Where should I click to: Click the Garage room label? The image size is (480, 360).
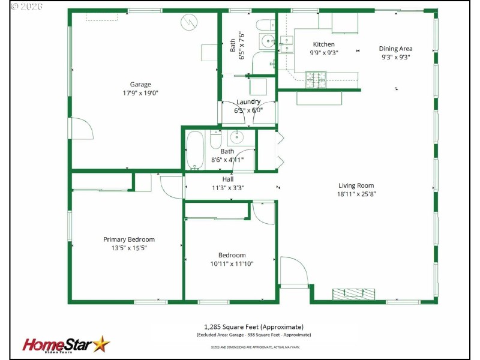140,85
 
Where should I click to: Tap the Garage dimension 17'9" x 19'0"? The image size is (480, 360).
140,93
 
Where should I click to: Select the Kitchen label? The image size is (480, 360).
323,44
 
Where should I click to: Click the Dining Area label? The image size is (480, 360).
395,49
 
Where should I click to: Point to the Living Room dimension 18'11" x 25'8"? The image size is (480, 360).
356,194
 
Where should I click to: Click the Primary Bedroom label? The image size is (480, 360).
128,239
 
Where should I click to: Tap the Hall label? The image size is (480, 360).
227,179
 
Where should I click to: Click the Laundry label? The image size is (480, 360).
248,102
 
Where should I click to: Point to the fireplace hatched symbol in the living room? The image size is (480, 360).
354,294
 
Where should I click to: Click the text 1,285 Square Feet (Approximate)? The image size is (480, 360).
254,326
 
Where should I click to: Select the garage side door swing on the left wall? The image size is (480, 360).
81,128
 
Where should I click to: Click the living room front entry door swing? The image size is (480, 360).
293,271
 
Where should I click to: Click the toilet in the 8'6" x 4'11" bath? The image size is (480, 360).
215,140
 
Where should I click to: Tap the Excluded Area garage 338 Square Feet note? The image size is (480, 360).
254,335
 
